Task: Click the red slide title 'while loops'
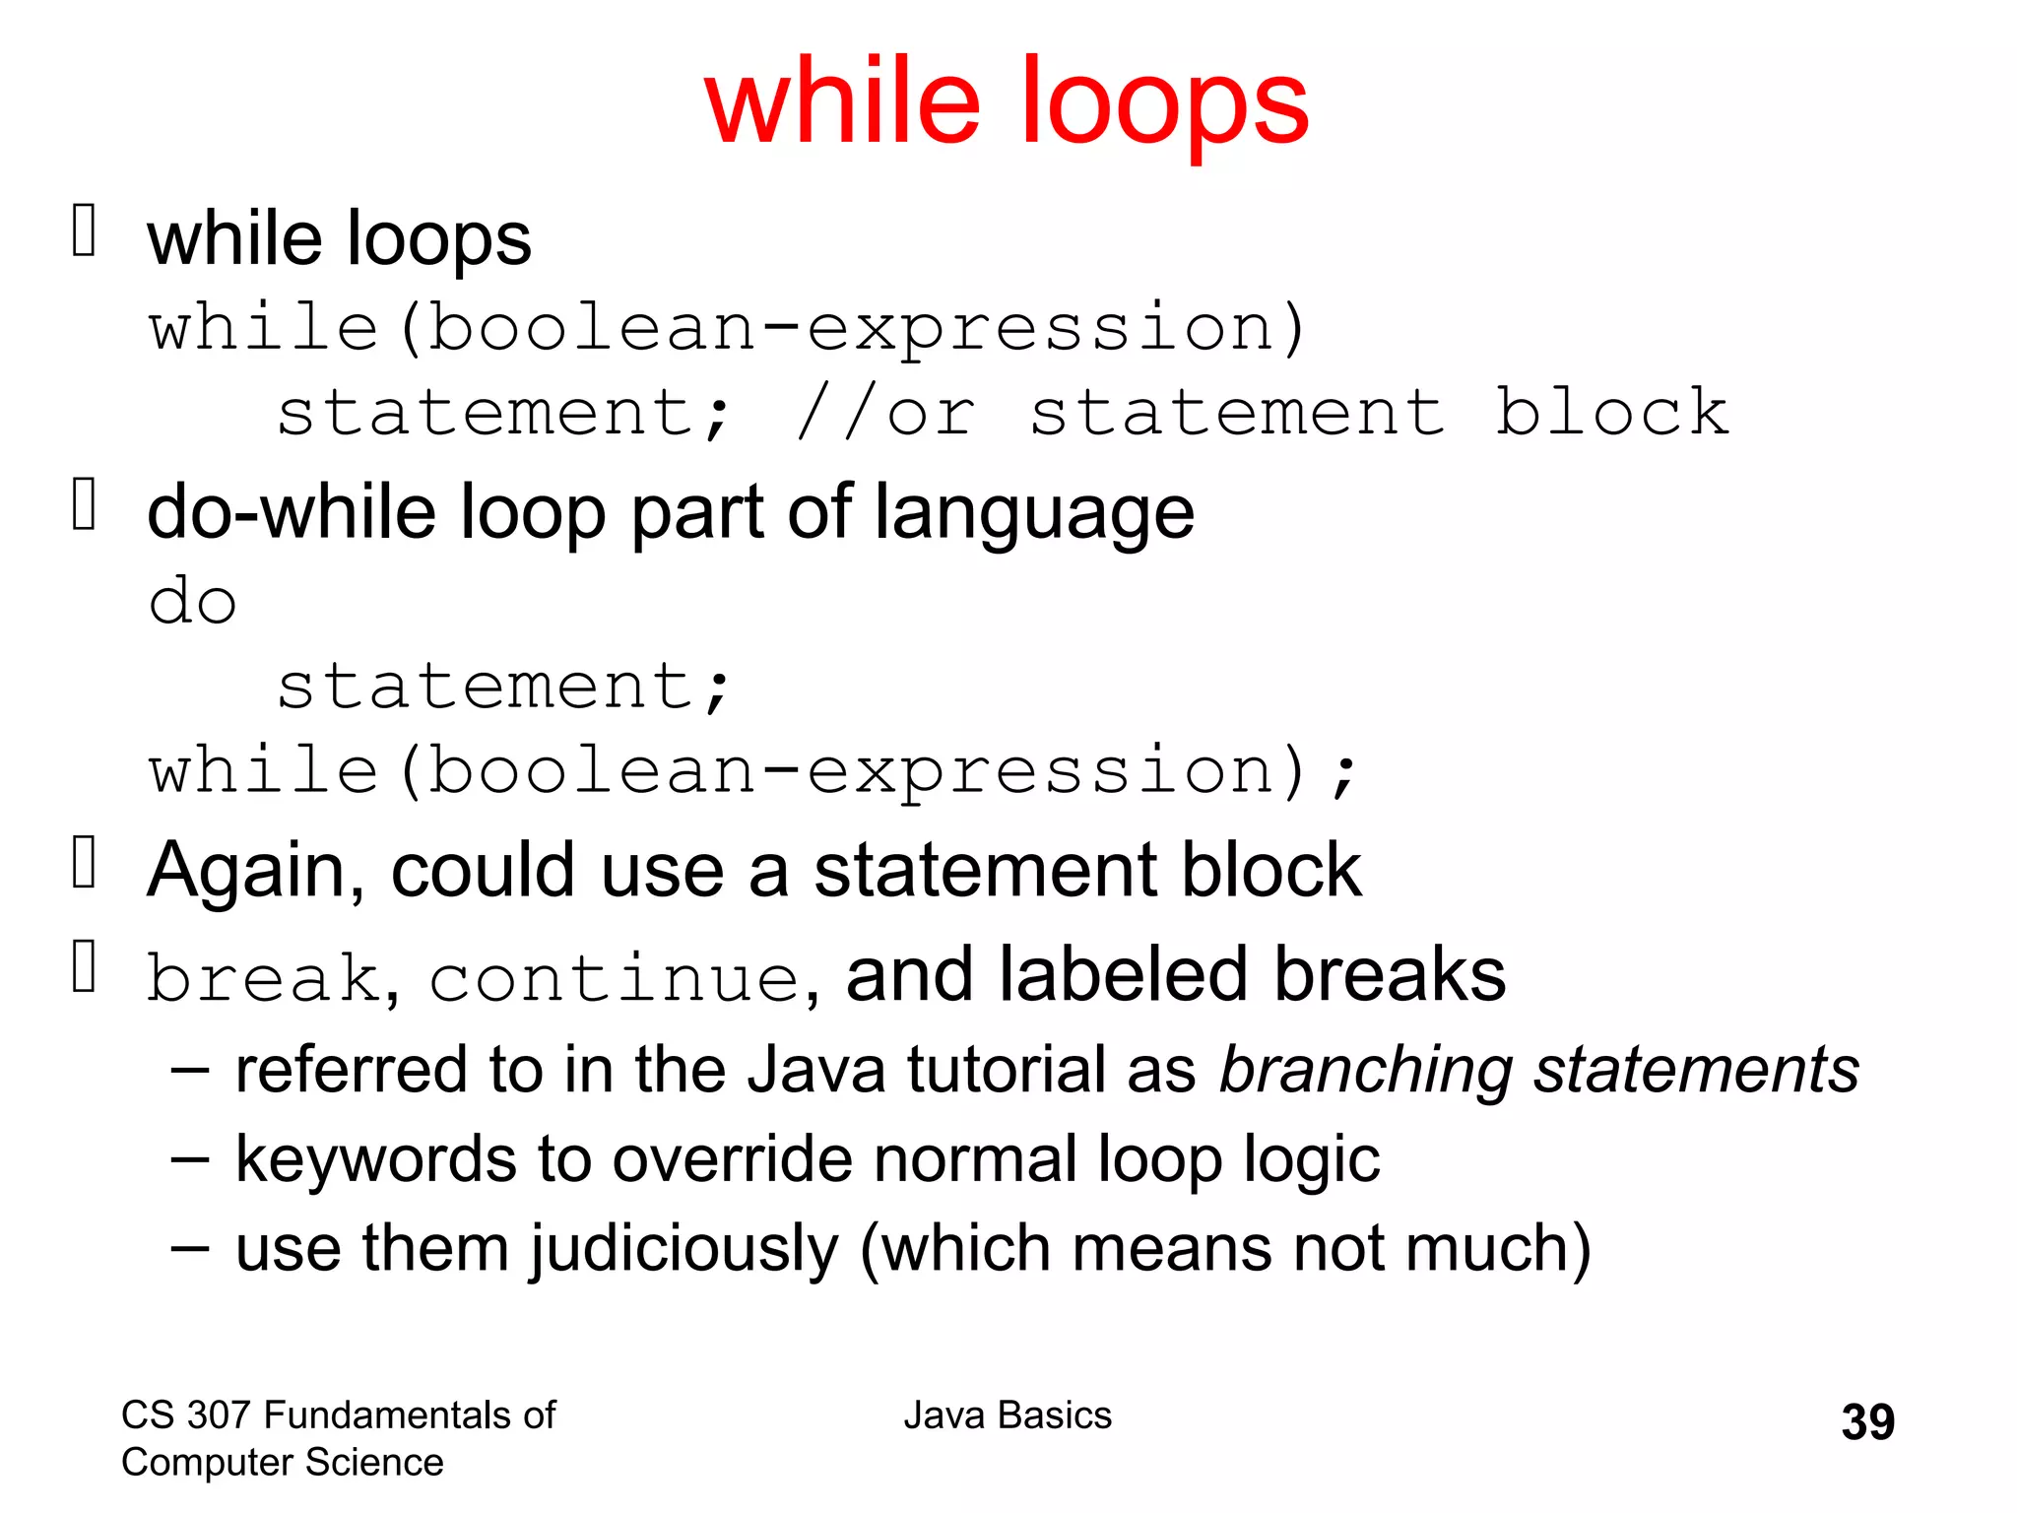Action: pos(1007,102)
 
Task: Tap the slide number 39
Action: pos(1867,1422)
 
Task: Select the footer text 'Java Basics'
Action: pos(1008,1415)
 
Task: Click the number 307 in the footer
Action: pos(220,1415)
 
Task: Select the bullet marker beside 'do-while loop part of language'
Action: pos(85,503)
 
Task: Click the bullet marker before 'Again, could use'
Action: pos(85,862)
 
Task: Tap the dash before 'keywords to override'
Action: pos(189,1159)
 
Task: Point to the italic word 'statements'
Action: pos(1696,1071)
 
